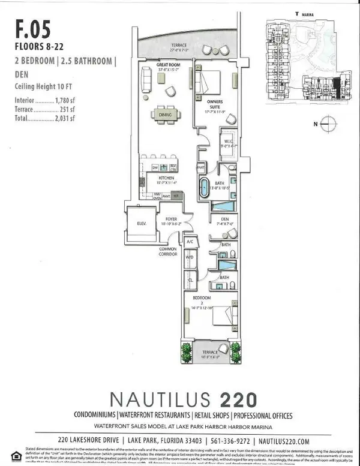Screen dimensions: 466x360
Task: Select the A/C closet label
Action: (x=190, y=242)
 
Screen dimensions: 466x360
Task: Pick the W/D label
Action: (x=190, y=258)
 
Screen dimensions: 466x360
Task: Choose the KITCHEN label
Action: (x=166, y=178)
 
